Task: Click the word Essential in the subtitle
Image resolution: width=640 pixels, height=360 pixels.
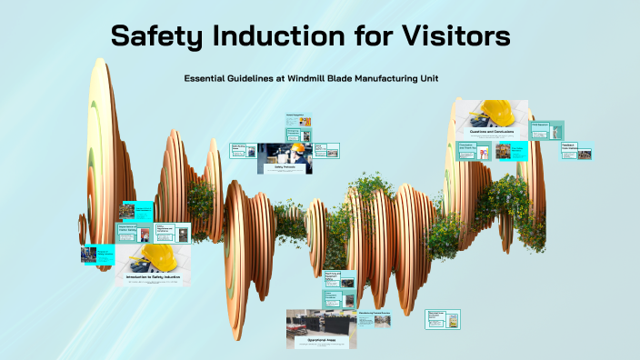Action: [208, 78]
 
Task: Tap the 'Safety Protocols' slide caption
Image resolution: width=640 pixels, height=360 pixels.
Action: [284, 167]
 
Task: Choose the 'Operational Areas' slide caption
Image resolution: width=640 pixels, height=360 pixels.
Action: [320, 338]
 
